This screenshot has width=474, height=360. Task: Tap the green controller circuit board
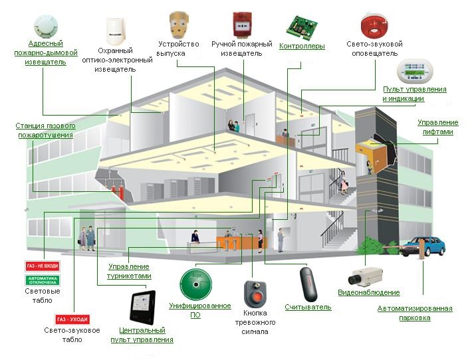pos(302,25)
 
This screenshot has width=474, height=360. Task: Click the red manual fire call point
pos(241,25)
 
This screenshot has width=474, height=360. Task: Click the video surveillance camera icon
pos(367,274)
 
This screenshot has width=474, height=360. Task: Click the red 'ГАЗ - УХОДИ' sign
pos(72,319)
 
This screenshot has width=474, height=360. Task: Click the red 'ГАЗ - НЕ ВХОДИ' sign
pos(43,266)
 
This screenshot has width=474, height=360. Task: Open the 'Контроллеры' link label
pos(302,46)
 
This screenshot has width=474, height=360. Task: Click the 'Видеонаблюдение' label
pos(368,293)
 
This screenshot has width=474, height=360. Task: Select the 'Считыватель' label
pos(308,307)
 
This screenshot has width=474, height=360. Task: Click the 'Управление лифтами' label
pos(437,127)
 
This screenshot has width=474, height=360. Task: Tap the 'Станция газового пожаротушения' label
pos(45,130)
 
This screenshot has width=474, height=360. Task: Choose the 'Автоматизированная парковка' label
pos(415,313)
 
